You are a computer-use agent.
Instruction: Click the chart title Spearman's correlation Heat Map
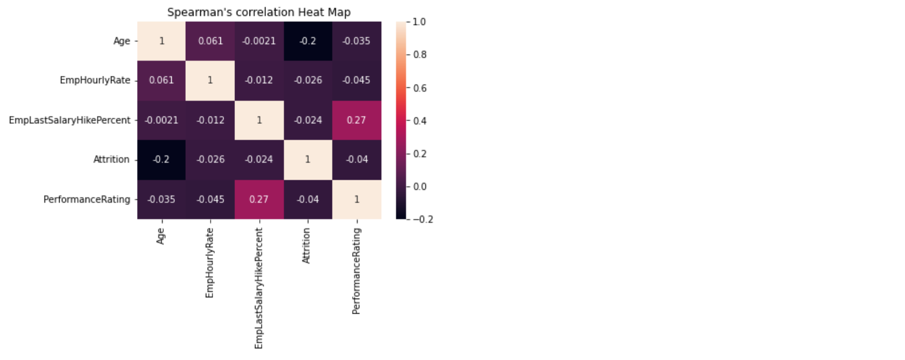259,12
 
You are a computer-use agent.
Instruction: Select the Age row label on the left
121,41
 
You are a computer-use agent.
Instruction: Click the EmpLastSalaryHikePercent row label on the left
69,120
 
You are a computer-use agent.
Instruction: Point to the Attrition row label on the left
111,160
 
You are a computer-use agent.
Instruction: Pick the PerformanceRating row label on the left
87,199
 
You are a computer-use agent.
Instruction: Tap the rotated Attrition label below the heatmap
307,245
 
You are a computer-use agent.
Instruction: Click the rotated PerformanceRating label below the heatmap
356,271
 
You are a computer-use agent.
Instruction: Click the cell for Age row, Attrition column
308,41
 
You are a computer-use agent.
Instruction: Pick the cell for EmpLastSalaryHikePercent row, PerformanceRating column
356,120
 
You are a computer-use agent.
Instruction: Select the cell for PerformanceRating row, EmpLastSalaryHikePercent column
259,199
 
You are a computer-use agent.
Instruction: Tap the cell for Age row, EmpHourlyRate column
210,41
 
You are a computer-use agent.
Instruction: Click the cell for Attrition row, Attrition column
308,160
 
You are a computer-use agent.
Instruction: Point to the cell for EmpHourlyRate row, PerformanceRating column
356,81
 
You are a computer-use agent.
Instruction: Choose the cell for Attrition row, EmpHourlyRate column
210,160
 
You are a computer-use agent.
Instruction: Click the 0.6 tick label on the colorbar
419,87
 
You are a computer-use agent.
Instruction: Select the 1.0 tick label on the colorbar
419,21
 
